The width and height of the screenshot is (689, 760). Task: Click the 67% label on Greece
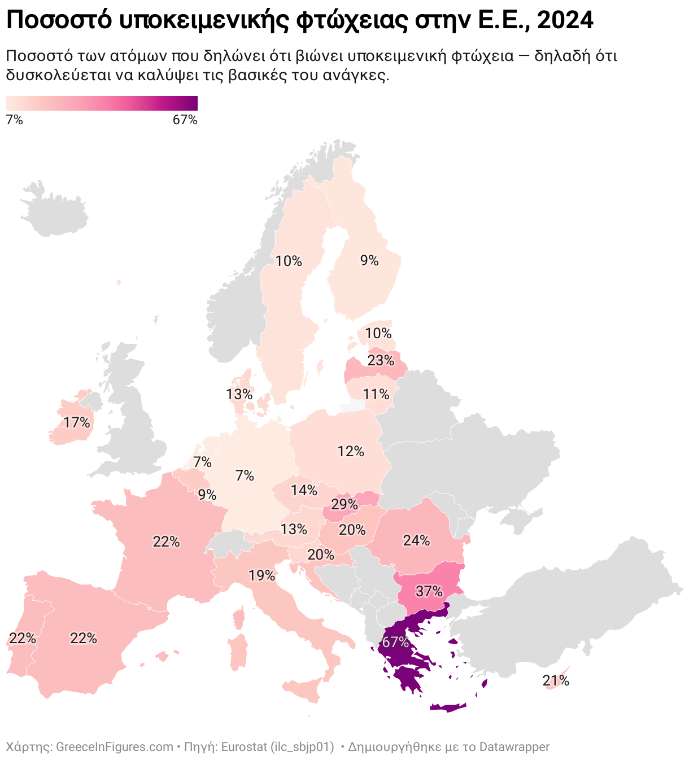(395, 642)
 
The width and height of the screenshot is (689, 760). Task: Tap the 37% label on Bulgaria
(429, 591)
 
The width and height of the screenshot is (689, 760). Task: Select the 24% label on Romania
(416, 540)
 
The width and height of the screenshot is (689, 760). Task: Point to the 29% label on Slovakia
(344, 504)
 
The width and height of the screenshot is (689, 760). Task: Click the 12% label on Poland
(351, 451)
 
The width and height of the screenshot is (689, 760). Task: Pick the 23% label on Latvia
(381, 360)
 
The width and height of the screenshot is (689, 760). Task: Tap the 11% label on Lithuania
(376, 394)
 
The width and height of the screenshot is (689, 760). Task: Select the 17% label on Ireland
(77, 422)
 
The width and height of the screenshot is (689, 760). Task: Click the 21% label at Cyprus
(556, 680)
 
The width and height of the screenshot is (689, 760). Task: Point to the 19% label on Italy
(261, 575)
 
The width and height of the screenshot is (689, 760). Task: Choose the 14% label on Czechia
(304, 490)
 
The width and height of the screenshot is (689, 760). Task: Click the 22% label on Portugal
(23, 638)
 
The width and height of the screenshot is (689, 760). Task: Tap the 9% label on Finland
(369, 260)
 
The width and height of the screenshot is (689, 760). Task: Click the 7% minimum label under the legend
(14, 120)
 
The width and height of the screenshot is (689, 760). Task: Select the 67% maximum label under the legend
(185, 120)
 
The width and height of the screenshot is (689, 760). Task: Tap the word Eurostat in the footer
(246, 746)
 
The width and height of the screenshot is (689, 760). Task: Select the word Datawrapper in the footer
(514, 746)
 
